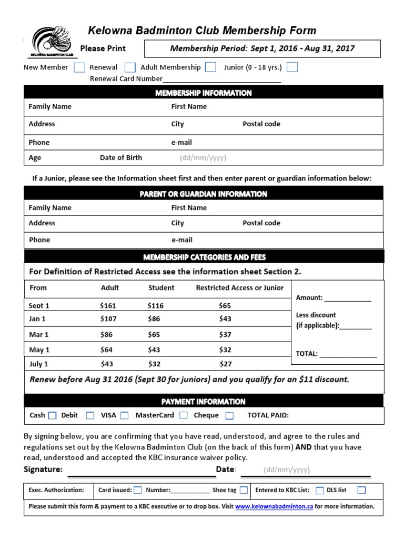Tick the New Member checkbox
(x=79, y=67)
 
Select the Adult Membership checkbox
(x=210, y=67)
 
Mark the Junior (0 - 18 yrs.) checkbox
(x=292, y=67)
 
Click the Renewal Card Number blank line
(x=221, y=80)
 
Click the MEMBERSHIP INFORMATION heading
(x=204, y=93)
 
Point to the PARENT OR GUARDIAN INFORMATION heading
(x=204, y=194)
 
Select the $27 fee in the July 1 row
(x=225, y=364)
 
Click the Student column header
(x=161, y=288)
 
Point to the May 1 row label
(x=39, y=350)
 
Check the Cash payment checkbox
(x=52, y=416)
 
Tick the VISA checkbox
(x=124, y=415)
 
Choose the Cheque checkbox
(x=229, y=416)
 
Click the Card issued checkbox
(x=137, y=490)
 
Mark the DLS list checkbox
(x=361, y=490)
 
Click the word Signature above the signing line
(x=43, y=470)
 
